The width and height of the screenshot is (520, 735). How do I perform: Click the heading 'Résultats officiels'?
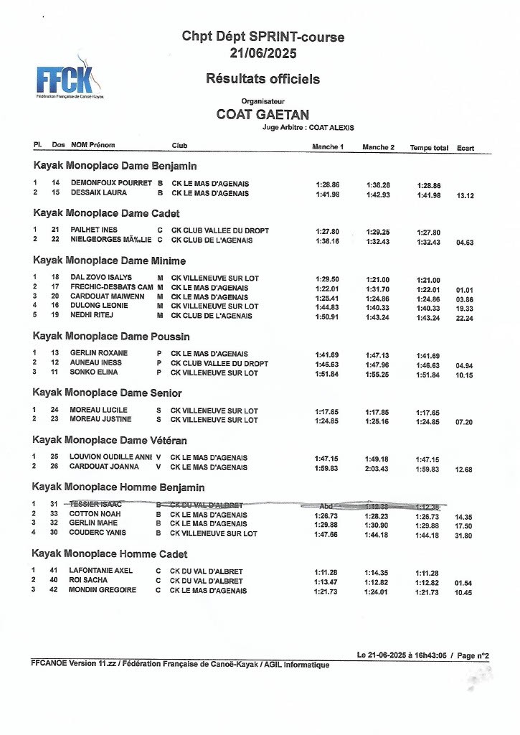[263, 79]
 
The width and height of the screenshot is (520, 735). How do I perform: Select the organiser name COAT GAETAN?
[263, 115]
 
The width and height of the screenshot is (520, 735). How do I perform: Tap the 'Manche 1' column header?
[328, 147]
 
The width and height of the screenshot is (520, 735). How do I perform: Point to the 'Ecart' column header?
[465, 148]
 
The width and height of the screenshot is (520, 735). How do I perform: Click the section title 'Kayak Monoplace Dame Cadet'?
[106, 213]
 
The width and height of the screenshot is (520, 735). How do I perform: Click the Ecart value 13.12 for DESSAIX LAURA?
[465, 195]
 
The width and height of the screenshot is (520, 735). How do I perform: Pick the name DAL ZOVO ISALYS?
[101, 278]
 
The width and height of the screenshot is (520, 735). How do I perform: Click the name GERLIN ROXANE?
[99, 353]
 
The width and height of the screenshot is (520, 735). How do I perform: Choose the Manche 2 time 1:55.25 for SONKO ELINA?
[378, 374]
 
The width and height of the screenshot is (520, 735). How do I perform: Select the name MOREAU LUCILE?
[98, 411]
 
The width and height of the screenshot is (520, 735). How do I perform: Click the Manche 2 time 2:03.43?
[378, 468]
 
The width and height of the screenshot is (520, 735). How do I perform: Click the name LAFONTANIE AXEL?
[101, 571]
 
